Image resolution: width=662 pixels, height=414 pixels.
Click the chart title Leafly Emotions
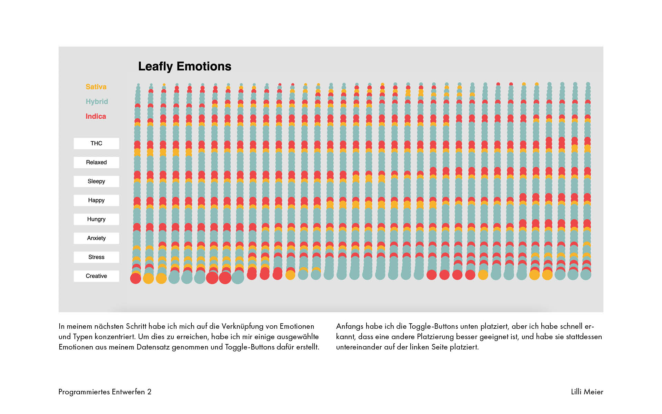(x=184, y=66)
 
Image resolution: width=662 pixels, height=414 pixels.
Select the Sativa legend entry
(x=96, y=87)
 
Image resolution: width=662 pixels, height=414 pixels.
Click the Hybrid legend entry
(x=97, y=101)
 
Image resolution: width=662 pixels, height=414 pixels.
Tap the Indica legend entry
(x=96, y=116)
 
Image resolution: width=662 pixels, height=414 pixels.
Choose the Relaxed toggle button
(x=96, y=162)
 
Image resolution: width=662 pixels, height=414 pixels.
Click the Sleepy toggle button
(x=96, y=181)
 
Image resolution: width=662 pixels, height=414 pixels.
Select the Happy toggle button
(x=96, y=200)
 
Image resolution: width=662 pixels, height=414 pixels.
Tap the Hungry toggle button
(x=96, y=219)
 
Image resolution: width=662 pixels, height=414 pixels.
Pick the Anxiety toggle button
(x=96, y=238)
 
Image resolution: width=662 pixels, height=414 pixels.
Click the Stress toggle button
(x=96, y=257)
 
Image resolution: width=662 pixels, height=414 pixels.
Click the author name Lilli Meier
(x=587, y=392)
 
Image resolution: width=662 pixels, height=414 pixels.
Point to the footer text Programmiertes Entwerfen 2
(x=105, y=392)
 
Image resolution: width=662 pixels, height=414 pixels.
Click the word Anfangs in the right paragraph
(x=350, y=326)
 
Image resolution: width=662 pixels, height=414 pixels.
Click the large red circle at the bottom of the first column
(x=136, y=278)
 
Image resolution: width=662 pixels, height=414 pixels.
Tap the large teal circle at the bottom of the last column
(x=586, y=275)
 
